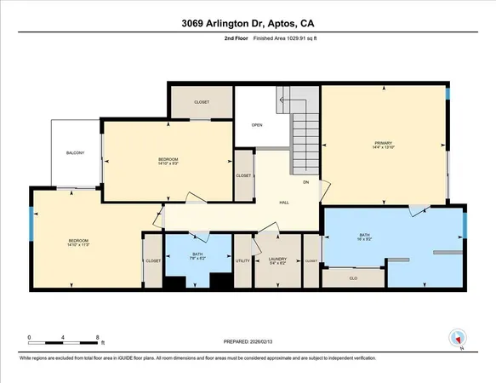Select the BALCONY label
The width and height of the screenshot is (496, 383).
[76, 153]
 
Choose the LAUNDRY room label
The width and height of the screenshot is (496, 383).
[277, 260]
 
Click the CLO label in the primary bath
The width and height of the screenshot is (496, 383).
[352, 277]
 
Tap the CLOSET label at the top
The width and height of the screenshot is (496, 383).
[202, 102]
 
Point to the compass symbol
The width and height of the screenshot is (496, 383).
[457, 338]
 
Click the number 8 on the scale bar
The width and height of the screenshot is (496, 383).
[100, 338]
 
